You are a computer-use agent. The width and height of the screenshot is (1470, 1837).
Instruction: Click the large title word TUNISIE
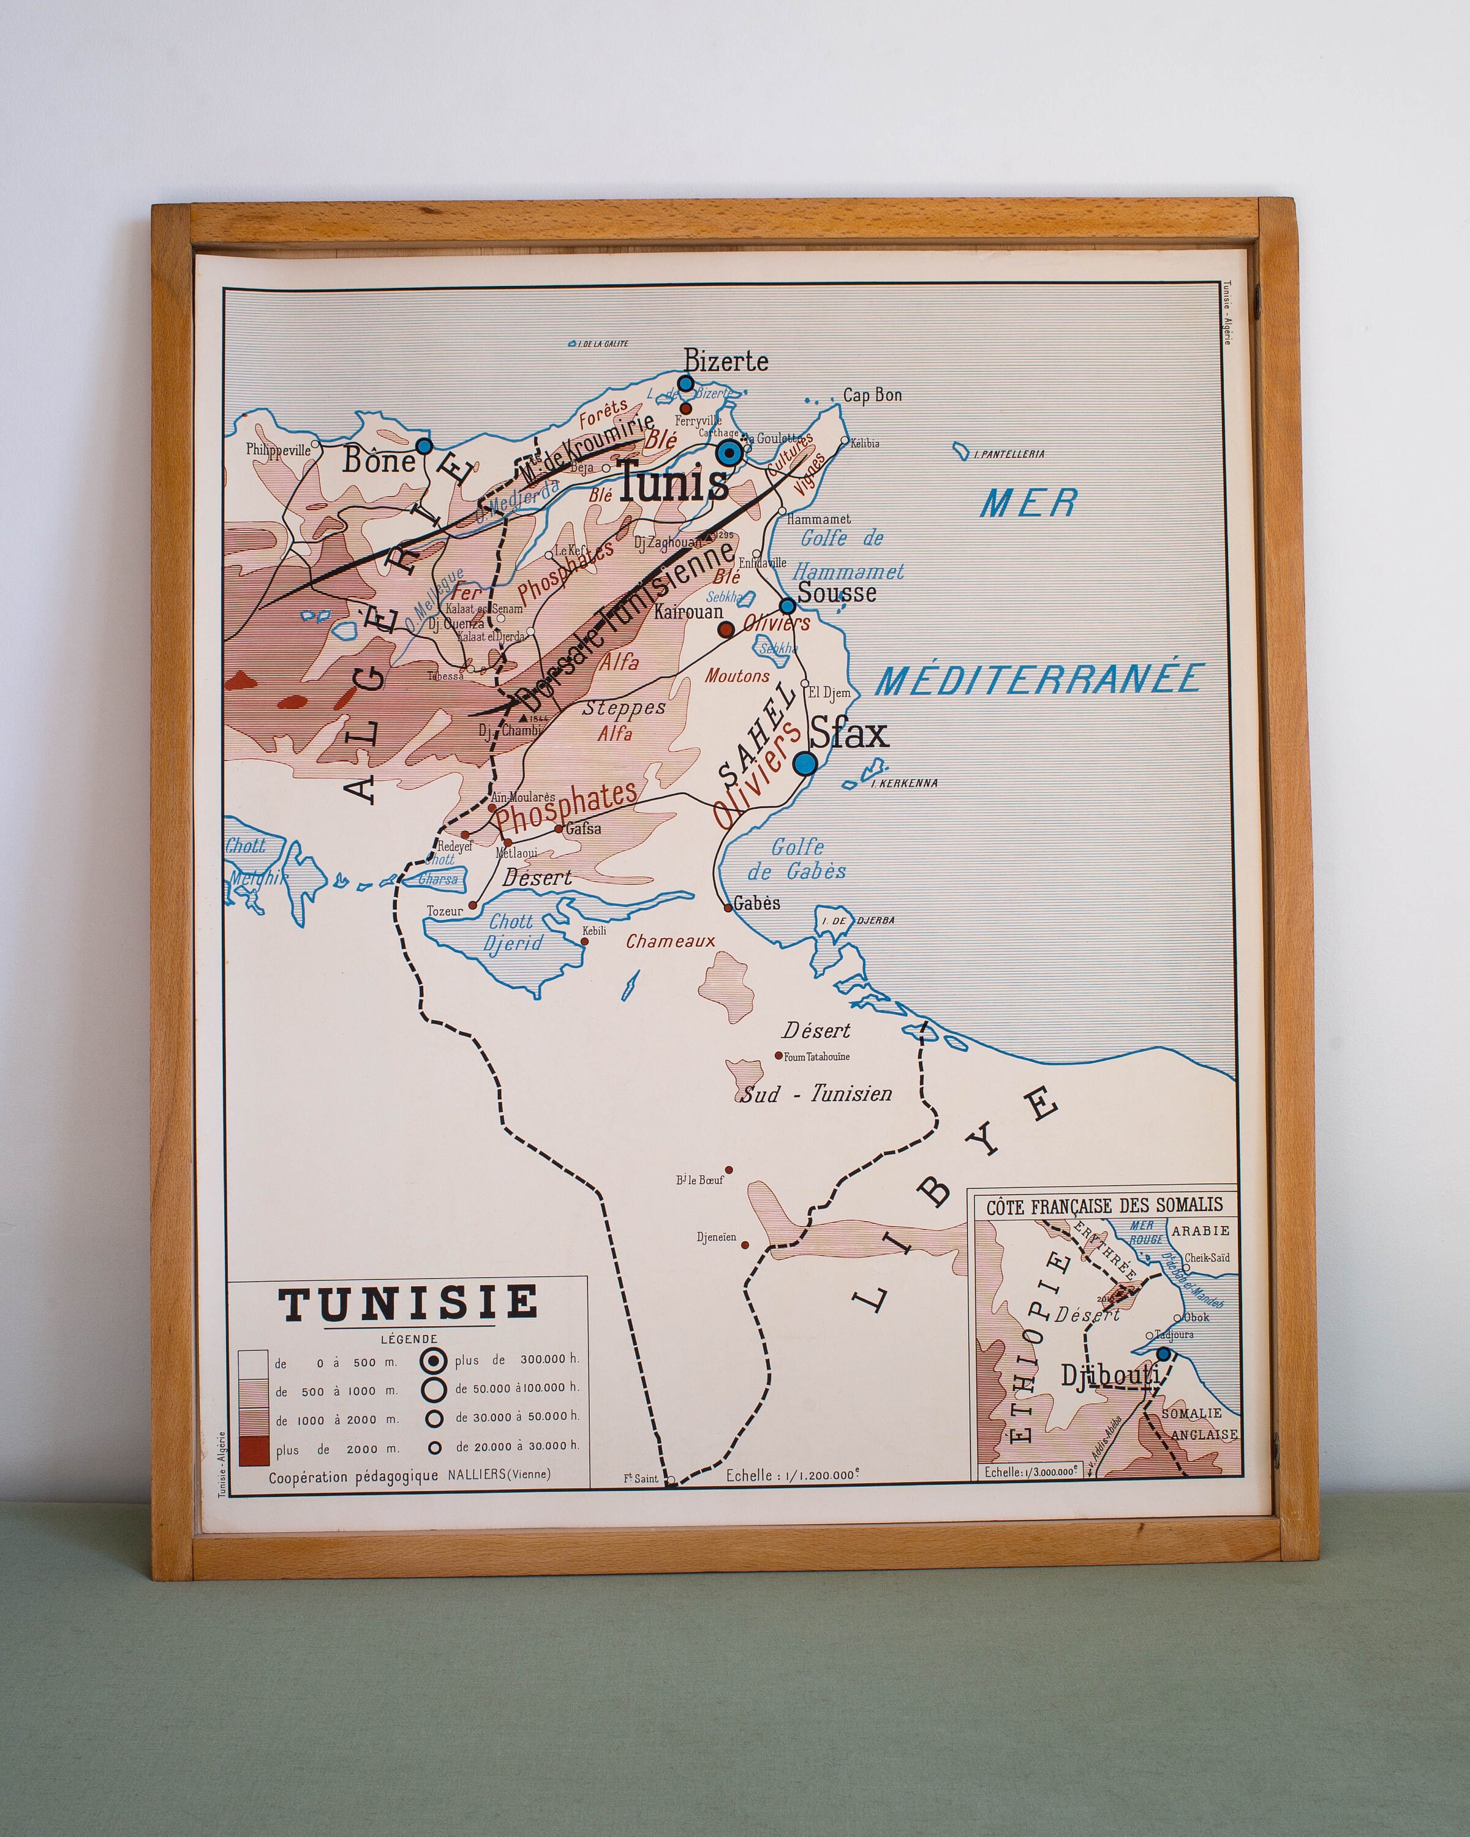[x=409, y=1304]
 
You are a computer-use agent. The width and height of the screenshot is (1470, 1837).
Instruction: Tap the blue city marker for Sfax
[x=804, y=762]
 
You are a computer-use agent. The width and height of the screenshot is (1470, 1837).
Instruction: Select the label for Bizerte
[x=726, y=361]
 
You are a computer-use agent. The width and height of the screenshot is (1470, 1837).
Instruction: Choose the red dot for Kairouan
[x=725, y=629]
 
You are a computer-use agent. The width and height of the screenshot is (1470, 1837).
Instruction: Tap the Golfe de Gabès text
[x=797, y=859]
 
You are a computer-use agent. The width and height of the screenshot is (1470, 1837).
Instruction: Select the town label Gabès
[x=756, y=903]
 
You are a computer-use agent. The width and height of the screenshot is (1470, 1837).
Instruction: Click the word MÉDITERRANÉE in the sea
[x=1039, y=679]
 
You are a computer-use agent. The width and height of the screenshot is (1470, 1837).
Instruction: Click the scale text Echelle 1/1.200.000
[x=793, y=1476]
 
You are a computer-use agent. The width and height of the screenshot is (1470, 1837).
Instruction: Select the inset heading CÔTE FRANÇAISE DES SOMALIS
[x=1104, y=1206]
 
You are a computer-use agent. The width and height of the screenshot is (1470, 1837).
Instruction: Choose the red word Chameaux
[x=670, y=942]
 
